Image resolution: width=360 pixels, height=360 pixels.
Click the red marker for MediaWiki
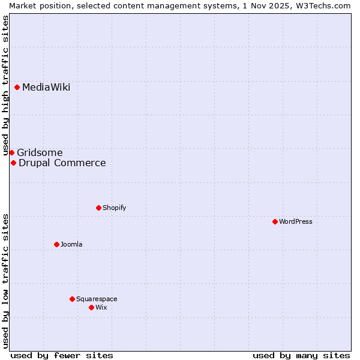pyautogui.click(x=17, y=88)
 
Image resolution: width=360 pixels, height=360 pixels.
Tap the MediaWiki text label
pyautogui.click(x=46, y=88)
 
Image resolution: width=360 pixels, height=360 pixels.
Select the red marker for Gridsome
pyautogui.click(x=11, y=152)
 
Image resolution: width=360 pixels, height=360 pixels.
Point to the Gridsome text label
pyautogui.click(x=40, y=153)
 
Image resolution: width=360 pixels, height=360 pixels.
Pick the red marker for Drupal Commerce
pyautogui.click(x=13, y=163)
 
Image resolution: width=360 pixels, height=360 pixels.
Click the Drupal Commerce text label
pyautogui.click(x=62, y=163)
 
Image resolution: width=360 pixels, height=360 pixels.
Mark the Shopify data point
pyautogui.click(x=98, y=208)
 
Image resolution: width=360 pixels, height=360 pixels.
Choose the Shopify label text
pyautogui.click(x=114, y=208)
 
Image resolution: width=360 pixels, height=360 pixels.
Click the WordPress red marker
pyautogui.click(x=275, y=221)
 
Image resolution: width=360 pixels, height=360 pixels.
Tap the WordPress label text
pyautogui.click(x=296, y=222)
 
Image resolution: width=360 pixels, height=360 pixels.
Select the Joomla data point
pyautogui.click(x=56, y=244)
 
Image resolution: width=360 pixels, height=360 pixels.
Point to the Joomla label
pyautogui.click(x=71, y=245)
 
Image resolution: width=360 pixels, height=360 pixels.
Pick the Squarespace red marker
pyautogui.click(x=72, y=299)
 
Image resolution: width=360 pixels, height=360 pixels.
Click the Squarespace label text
pyautogui.click(x=97, y=299)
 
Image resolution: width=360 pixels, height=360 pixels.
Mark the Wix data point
pyautogui.click(x=91, y=307)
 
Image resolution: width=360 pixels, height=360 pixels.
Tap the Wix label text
pyautogui.click(x=101, y=308)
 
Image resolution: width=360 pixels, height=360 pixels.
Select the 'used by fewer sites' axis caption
pyautogui.click(x=62, y=355)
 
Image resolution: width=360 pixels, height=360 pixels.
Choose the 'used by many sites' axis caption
pyautogui.click(x=301, y=355)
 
